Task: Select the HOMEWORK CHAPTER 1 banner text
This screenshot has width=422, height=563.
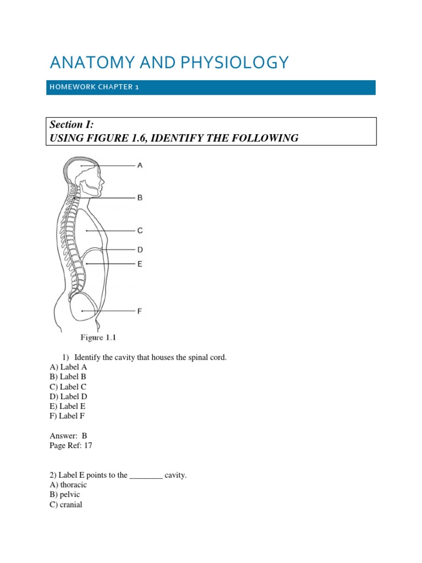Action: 93,88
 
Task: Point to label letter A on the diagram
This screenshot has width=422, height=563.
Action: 140,165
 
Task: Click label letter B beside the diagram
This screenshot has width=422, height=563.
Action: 140,197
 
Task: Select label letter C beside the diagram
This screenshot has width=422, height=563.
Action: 140,231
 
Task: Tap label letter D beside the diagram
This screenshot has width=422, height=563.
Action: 140,250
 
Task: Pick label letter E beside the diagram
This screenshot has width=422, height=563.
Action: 140,264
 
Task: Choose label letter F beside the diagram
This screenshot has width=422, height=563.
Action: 140,311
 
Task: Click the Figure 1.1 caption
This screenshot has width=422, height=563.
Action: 98,338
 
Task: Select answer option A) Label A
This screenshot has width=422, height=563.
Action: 68,367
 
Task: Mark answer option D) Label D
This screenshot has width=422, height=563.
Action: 68,396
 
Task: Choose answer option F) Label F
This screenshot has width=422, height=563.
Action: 68,416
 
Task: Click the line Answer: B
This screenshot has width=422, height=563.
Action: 68,436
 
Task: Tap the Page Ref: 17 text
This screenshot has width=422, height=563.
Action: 71,446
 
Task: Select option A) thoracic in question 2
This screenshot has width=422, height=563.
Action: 68,485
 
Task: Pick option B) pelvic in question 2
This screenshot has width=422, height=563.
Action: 65,495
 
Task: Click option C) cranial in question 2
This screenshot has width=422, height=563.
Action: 66,505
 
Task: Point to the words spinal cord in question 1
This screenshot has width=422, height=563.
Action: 207,357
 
